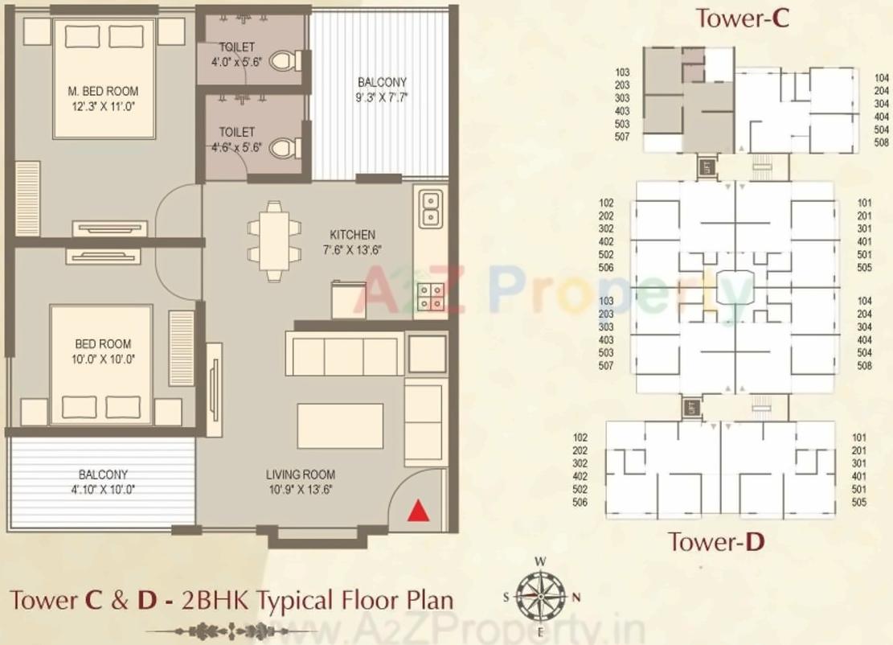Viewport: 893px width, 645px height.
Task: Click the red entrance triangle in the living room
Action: pyautogui.click(x=416, y=510)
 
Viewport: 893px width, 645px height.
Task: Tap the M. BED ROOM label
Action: pyautogui.click(x=103, y=92)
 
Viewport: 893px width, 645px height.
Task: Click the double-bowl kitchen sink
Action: pyautogui.click(x=429, y=207)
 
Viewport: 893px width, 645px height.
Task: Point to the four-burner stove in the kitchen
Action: pyautogui.click(x=431, y=298)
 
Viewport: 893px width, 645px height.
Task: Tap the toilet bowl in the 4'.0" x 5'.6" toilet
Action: pyautogui.click(x=282, y=60)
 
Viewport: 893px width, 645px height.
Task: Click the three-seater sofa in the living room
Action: pyautogui.click(x=344, y=356)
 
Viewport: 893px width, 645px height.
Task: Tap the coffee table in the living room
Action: pyautogui.click(x=340, y=420)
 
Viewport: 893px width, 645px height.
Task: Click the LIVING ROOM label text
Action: pyautogui.click(x=301, y=475)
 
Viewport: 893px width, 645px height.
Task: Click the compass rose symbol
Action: pyautogui.click(x=539, y=597)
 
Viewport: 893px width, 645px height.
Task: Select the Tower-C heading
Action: pyautogui.click(x=742, y=18)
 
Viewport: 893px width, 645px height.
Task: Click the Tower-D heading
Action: pyautogui.click(x=715, y=542)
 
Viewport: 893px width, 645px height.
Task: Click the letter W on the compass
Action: pyautogui.click(x=541, y=561)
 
